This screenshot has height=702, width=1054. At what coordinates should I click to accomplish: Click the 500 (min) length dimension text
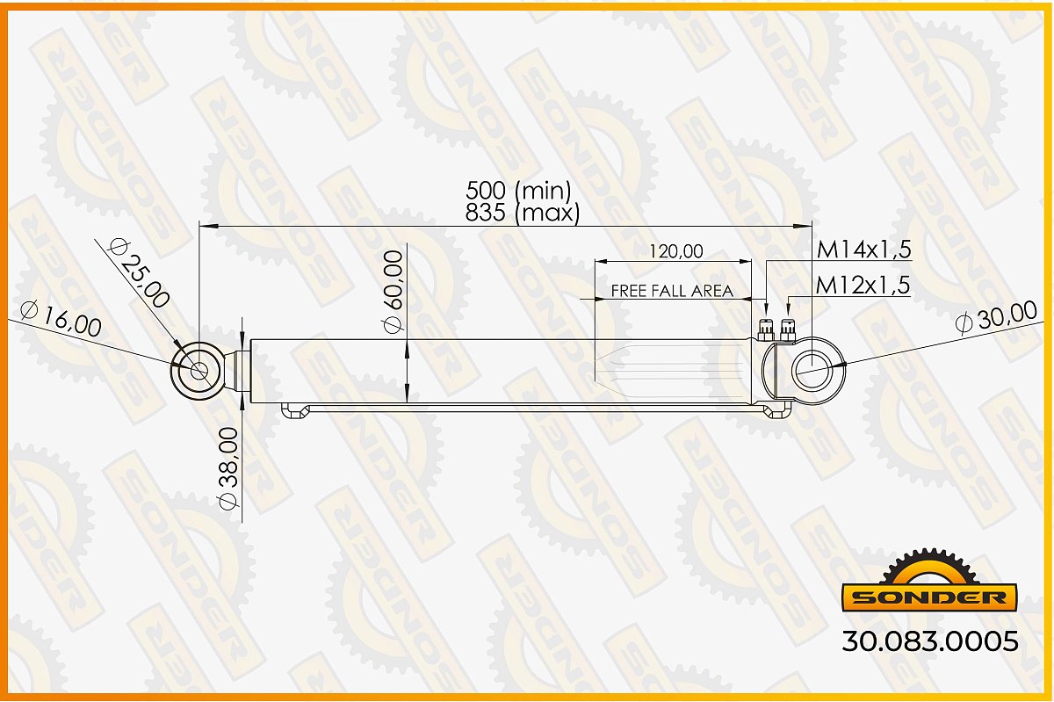tap(518, 190)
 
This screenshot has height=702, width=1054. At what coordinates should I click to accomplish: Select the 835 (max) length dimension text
tap(523, 213)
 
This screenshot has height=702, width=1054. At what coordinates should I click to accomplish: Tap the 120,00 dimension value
tap(676, 251)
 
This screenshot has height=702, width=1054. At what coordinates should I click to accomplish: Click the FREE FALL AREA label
tap(672, 291)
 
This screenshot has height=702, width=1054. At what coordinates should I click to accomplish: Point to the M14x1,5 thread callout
tap(864, 249)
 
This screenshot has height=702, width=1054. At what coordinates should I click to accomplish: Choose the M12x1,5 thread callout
tap(863, 285)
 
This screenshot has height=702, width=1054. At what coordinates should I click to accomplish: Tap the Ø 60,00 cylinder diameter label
tap(393, 292)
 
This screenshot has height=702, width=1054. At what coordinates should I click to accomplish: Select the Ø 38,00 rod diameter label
tap(229, 468)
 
